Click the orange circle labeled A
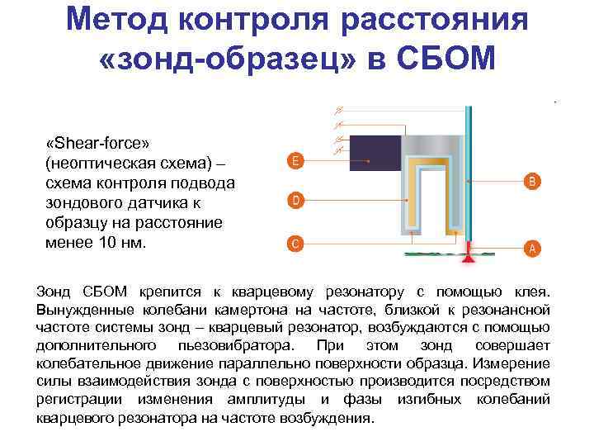tap(532, 247)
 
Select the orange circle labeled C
tap(295, 243)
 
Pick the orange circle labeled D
tap(295, 201)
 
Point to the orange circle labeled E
tap(295, 159)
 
